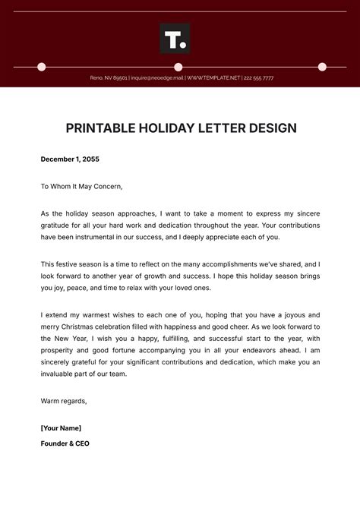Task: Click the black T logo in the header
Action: pyautogui.click(x=175, y=39)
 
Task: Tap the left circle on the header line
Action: pyautogui.click(x=42, y=67)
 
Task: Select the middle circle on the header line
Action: pyautogui.click(x=178, y=67)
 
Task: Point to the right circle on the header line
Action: pyautogui.click(x=322, y=67)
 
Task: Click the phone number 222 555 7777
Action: pyautogui.click(x=258, y=77)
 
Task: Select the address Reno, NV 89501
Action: pyautogui.click(x=109, y=77)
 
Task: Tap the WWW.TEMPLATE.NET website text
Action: pyautogui.click(x=213, y=77)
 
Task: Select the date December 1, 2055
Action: pyautogui.click(x=70, y=159)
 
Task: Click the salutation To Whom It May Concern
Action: pyautogui.click(x=81, y=186)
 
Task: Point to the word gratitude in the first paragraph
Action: pyautogui.click(x=58, y=226)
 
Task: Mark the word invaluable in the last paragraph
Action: pyautogui.click(x=62, y=374)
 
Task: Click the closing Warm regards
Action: pyautogui.click(x=64, y=401)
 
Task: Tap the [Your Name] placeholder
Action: pyautogui.click(x=61, y=428)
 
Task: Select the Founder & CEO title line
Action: pyautogui.click(x=65, y=443)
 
